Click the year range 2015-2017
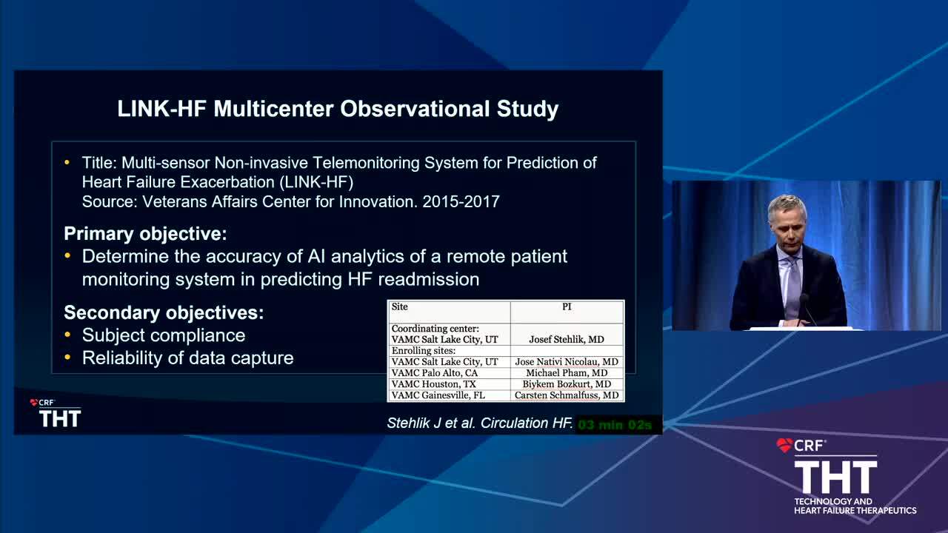461,201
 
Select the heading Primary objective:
145,234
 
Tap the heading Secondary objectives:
164,312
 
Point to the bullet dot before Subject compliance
67,335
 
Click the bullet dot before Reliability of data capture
67,358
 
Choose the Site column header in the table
399,306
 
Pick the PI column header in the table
567,306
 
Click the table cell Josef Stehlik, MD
567,339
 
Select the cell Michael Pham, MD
567,372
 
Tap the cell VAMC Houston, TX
434,384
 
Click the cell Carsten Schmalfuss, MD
567,395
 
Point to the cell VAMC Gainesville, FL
438,395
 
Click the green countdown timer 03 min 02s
615,425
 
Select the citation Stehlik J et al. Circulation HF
480,423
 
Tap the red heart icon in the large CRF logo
784,445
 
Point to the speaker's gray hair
787,207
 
